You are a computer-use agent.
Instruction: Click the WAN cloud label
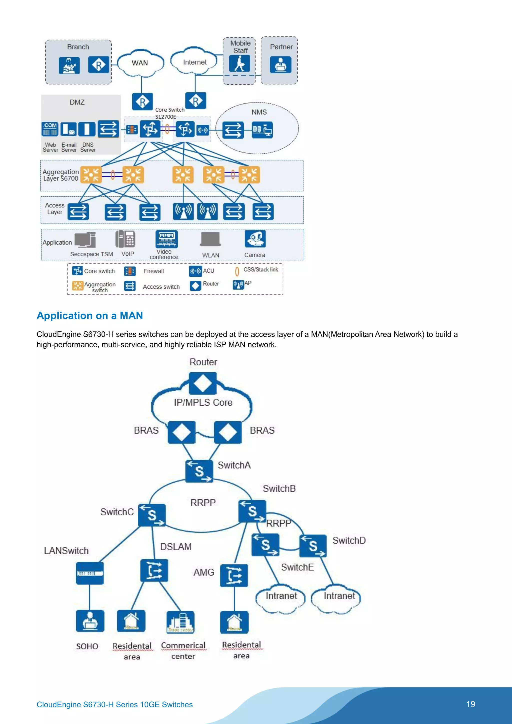coord(140,63)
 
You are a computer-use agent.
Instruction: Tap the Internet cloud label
coord(195,62)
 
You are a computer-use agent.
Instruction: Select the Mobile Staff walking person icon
coord(239,64)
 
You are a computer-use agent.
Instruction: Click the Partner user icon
coord(280,65)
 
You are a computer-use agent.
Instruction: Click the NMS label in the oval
coord(259,112)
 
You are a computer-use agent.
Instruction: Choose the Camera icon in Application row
coord(255,239)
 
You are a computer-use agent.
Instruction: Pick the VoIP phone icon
coord(125,239)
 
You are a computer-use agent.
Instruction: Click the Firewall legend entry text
coord(154,271)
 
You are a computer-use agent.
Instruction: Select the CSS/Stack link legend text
coord(260,270)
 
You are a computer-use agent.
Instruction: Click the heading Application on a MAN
coord(90,316)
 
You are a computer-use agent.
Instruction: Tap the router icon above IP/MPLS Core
coord(203,383)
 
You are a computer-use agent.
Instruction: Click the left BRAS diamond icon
coord(181,432)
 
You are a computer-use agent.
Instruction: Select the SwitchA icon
coord(199,471)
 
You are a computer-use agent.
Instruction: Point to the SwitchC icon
coord(152,515)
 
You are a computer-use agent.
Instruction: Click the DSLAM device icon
coord(154,570)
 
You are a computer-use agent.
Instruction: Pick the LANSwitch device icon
coord(90,573)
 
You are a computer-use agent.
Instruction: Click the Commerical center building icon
coord(180,622)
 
